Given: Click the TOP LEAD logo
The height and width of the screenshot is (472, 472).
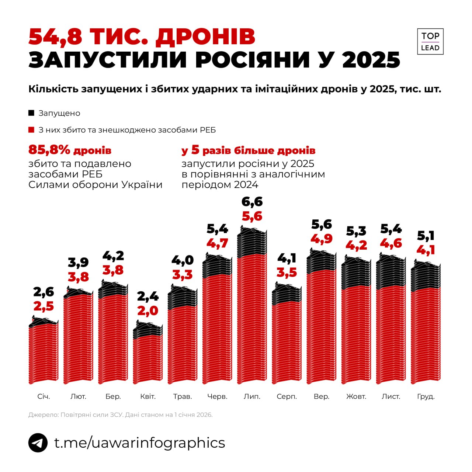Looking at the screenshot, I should (x=430, y=41).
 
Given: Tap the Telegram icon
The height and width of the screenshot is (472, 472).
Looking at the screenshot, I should (x=38, y=442).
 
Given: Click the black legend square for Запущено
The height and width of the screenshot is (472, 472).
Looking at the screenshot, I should (x=31, y=113).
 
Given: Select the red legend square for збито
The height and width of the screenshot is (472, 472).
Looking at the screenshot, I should (x=31, y=130).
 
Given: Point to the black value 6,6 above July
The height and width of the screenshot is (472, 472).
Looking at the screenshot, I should (x=252, y=202).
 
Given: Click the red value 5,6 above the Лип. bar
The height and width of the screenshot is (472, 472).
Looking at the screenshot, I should (x=252, y=216).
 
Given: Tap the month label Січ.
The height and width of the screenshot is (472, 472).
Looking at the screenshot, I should (x=44, y=397).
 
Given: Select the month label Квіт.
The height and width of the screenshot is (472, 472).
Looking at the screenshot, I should (x=148, y=397).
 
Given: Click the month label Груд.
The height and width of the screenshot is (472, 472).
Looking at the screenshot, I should (x=426, y=397).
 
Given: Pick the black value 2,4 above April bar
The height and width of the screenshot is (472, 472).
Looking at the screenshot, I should (x=148, y=296).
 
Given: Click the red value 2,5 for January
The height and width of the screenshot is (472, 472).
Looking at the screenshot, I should (x=44, y=306).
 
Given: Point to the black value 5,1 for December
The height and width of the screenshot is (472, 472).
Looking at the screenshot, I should (x=426, y=235).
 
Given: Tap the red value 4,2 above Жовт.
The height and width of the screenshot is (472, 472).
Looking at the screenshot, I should (x=356, y=245).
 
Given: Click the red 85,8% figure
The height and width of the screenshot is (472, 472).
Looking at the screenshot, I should (x=49, y=150).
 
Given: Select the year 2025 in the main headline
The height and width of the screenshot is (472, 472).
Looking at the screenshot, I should (x=371, y=60).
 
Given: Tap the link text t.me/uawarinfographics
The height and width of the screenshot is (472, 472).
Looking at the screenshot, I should (x=139, y=442).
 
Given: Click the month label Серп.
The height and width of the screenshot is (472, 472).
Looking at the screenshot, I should (x=287, y=397).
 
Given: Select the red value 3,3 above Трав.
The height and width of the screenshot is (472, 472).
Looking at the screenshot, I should (x=183, y=275).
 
